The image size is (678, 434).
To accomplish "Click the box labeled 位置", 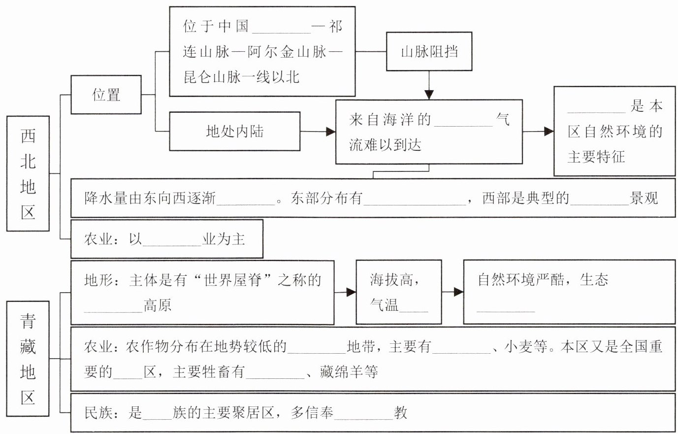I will (x=106, y=95).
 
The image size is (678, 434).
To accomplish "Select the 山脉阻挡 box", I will (x=429, y=51).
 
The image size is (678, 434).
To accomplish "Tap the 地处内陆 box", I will (x=234, y=131).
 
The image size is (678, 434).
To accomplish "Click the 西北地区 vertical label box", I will (x=28, y=173).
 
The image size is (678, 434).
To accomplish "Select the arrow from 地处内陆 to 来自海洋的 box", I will (x=318, y=131).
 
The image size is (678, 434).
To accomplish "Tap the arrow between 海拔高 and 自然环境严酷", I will (x=452, y=292).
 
